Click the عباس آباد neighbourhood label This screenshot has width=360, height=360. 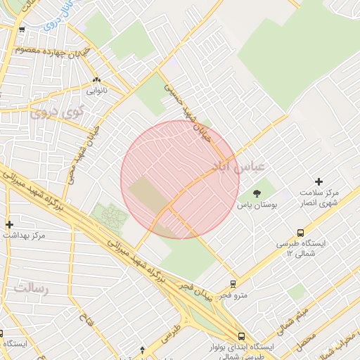[x=238, y=167]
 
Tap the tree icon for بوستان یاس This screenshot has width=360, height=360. [x=257, y=192]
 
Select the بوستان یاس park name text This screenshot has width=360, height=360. [x=257, y=205]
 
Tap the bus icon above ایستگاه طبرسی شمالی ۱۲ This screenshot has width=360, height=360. [x=301, y=233]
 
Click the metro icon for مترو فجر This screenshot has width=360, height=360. [x=233, y=284]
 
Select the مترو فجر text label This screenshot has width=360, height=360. [x=233, y=295]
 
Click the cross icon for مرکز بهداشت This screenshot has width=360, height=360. [x=9, y=224]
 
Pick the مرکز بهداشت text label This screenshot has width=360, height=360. [x=23, y=236]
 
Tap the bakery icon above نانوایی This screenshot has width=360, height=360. [x=96, y=80]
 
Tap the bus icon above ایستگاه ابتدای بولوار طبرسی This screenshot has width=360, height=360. [x=241, y=337]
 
